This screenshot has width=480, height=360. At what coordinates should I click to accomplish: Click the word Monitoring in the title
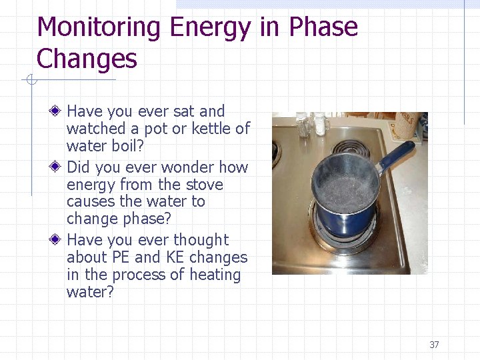[99, 28]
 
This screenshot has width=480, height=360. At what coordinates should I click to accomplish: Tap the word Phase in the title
[323, 28]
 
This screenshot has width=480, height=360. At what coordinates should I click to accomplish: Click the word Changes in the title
[87, 59]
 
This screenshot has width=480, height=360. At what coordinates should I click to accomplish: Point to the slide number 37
[434, 345]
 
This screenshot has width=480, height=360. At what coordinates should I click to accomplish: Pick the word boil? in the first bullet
[125, 146]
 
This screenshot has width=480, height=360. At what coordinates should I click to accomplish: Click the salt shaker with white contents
[320, 123]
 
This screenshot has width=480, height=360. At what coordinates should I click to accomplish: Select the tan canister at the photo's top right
[407, 123]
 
